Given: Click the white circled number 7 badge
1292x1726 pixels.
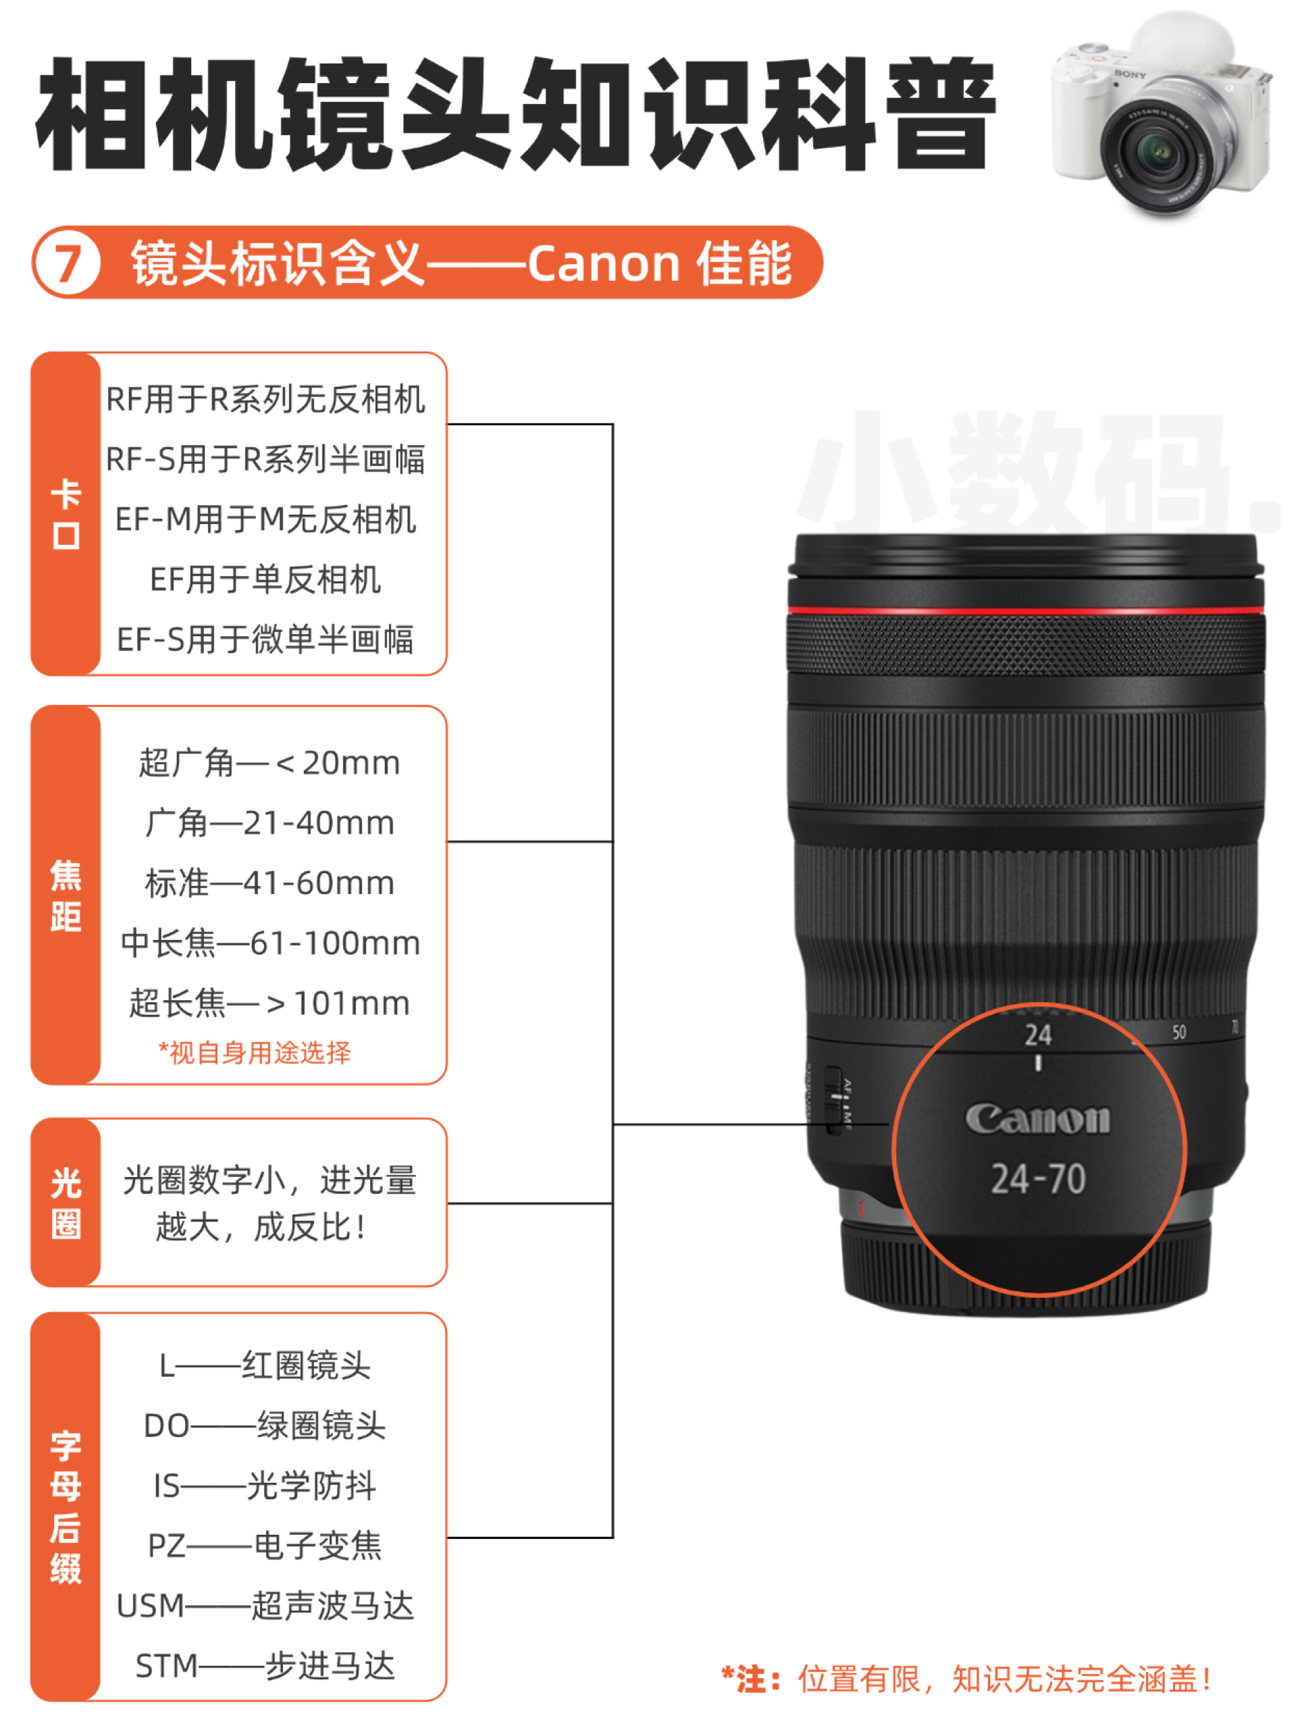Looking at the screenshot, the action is pyautogui.click(x=67, y=262).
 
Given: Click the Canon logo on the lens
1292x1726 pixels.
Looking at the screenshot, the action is pyautogui.click(x=1037, y=1119).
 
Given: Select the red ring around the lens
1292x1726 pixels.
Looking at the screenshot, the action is pyautogui.click(x=1025, y=608).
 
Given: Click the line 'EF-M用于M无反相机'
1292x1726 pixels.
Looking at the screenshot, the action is pyautogui.click(x=265, y=519).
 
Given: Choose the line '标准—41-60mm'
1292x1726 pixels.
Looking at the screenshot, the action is pyautogui.click(x=269, y=883).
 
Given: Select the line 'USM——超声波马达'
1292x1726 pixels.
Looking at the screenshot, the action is pyautogui.click(x=265, y=1605).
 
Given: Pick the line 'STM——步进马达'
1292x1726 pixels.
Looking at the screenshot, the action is pyautogui.click(x=265, y=1665).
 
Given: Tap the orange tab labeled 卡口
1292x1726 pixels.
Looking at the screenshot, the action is pyautogui.click(x=66, y=513).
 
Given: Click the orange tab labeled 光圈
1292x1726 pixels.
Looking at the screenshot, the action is pyautogui.click(x=66, y=1203).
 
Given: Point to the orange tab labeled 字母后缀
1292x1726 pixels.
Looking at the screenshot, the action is pyautogui.click(x=66, y=1506).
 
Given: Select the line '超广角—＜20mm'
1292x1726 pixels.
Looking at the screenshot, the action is pyautogui.click(x=269, y=762).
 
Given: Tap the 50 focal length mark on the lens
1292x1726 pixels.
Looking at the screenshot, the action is pyautogui.click(x=1178, y=1032).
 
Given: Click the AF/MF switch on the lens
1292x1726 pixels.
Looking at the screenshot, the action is pyautogui.click(x=835, y=1099).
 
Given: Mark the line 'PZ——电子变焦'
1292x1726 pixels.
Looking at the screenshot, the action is pyautogui.click(x=265, y=1545).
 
